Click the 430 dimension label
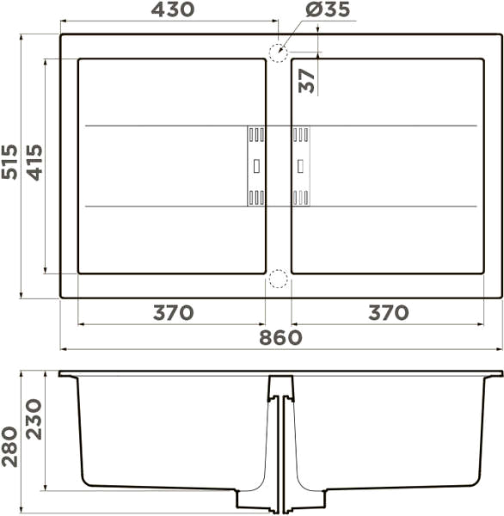pyautogui.click(x=173, y=9)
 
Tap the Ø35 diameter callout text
pyautogui.click(x=328, y=9)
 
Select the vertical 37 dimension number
pyautogui.click(x=306, y=81)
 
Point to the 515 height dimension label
pyautogui.click(x=9, y=162)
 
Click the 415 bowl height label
pyautogui.click(x=34, y=163)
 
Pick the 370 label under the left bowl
pyautogui.click(x=173, y=313)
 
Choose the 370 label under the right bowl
pyautogui.click(x=389, y=313)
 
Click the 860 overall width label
pyautogui.click(x=280, y=337)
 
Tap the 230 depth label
pyautogui.click(x=34, y=420)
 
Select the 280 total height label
pyautogui.click(x=9, y=446)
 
